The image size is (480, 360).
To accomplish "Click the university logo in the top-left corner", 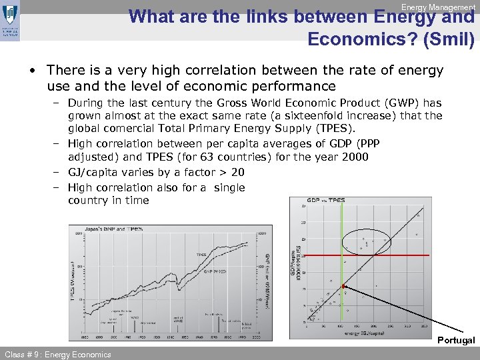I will pos(11,19).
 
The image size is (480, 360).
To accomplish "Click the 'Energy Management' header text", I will pos(437,7).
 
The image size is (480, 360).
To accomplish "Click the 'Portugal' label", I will pos(456,341).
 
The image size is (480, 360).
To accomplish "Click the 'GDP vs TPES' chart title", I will pos(326,200).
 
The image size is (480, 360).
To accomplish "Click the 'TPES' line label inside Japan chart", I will pos(201,254).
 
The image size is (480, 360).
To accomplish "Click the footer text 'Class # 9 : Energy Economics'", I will pos(58,354).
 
